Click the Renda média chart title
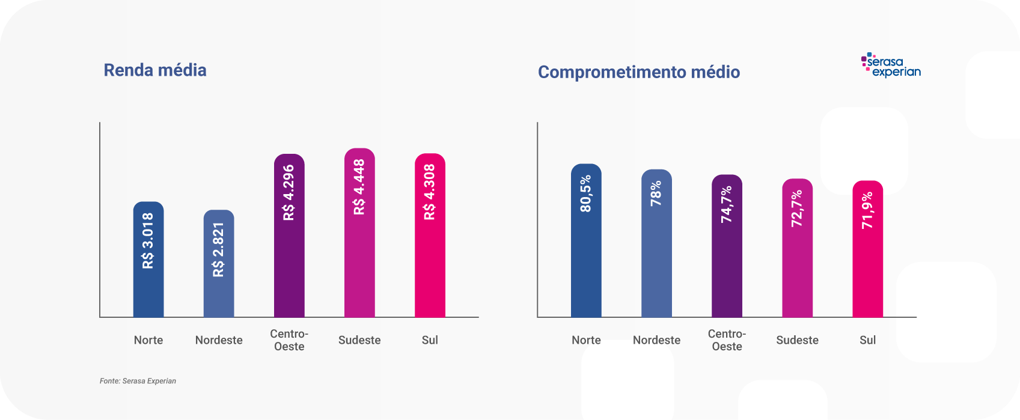pos(155,70)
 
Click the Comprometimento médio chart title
pos(638,72)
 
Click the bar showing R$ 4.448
pos(359,252)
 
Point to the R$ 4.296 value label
pos(289,192)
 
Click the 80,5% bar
pos(586,258)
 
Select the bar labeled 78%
pos(656,258)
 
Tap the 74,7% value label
pos(727,204)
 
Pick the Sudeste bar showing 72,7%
pos(797,264)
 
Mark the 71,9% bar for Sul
pos(867,264)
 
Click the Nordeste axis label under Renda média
pos(219,340)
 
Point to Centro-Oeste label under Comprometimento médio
pos(727,340)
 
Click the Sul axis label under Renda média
pos(430,340)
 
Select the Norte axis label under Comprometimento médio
pos(586,340)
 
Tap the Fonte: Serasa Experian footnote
pos(138,381)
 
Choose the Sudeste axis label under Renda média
pos(359,340)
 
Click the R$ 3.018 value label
pos(148,240)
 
